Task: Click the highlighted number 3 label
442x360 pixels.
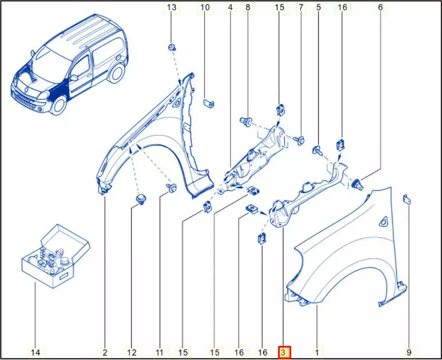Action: point(284,352)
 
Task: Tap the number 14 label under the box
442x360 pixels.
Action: point(35,352)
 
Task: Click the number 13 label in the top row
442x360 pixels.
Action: point(171,8)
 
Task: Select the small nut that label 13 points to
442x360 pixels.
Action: point(171,47)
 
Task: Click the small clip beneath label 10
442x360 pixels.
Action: point(209,103)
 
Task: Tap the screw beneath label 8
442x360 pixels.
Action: point(246,122)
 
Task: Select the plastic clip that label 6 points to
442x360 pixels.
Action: point(358,184)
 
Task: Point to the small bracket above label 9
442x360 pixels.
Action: point(407,199)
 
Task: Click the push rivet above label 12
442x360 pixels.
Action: point(141,198)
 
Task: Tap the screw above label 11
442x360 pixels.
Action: point(171,188)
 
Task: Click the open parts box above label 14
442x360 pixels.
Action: point(56,256)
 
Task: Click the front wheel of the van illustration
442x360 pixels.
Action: point(59,106)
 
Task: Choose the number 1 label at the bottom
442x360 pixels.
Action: point(317,352)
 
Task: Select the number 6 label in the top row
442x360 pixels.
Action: point(380,8)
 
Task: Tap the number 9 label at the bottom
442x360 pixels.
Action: point(409,352)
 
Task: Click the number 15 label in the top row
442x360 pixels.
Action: point(279,8)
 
